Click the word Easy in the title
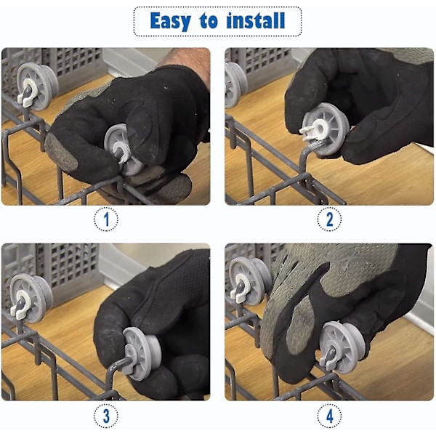pyautogui.click(x=171, y=21)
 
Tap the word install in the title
pyautogui.click(x=256, y=20)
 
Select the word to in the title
pyautogui.click(x=209, y=21)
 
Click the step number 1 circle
pyautogui.click(x=106, y=219)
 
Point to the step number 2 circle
pyautogui.click(x=329, y=219)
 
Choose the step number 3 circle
pyautogui.click(x=106, y=416)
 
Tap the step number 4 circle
pyautogui.click(x=329, y=416)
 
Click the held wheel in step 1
pyautogui.click(x=122, y=150)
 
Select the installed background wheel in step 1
pyautogui.click(x=38, y=86)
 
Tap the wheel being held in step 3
pyautogui.click(x=141, y=353)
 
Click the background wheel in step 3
pyautogui.click(x=31, y=298)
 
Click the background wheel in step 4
pyautogui.click(x=249, y=280)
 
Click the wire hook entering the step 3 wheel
pyautogui.click(x=117, y=367)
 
